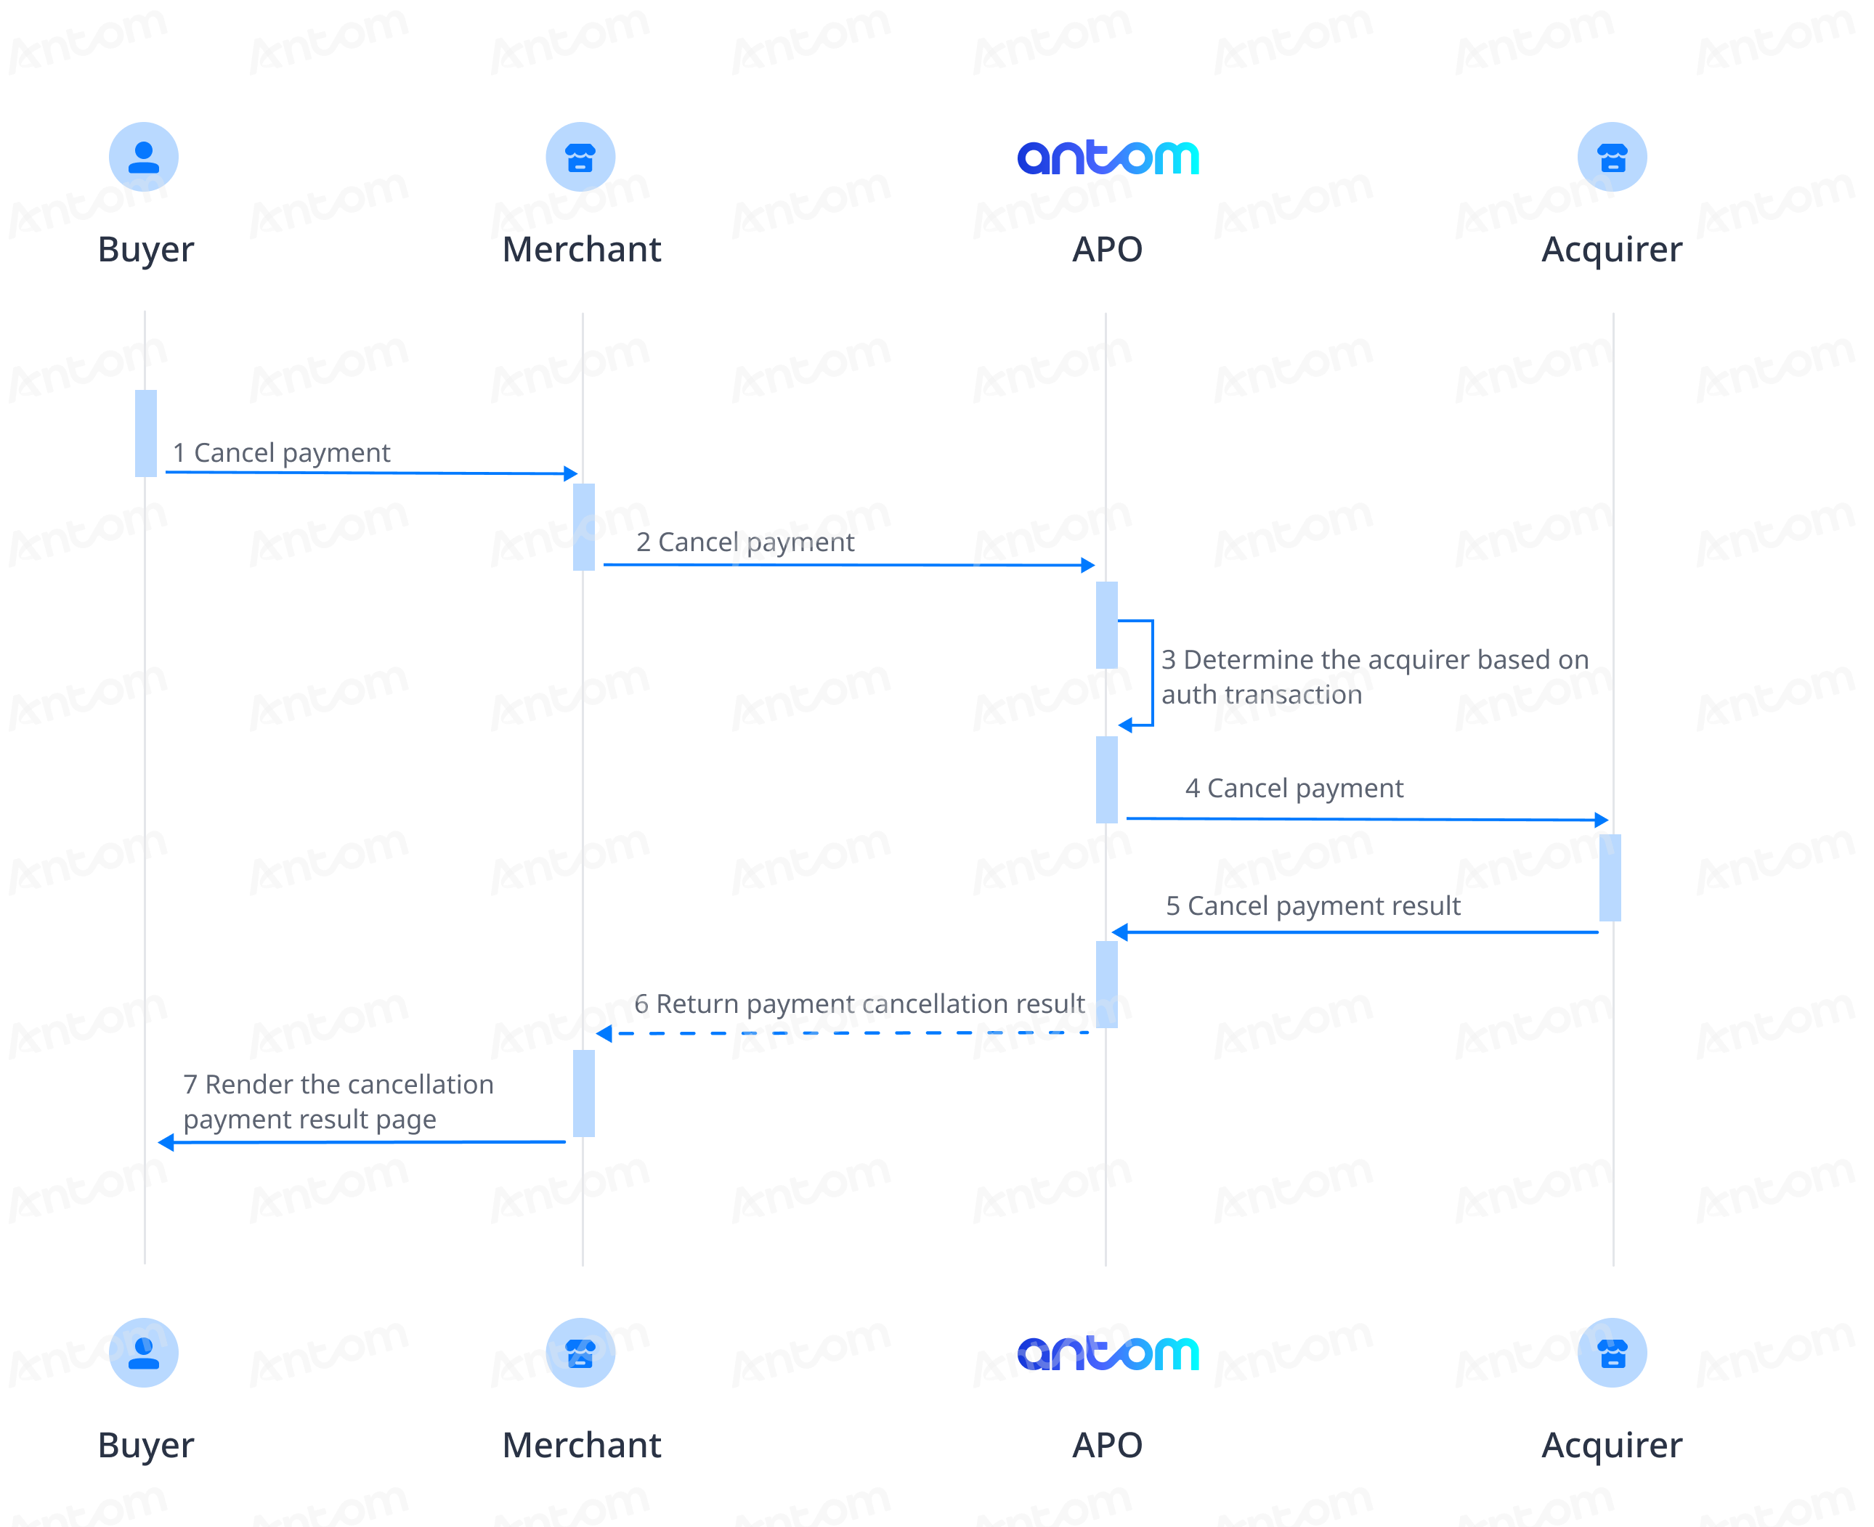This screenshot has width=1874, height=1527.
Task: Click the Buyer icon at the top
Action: click(x=143, y=157)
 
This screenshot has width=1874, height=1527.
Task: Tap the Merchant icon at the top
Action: click(x=580, y=157)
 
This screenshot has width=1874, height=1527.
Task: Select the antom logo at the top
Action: click(x=1108, y=158)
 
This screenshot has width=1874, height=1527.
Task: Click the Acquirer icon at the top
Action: click(x=1612, y=157)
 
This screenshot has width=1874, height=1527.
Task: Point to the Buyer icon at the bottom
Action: click(x=143, y=1352)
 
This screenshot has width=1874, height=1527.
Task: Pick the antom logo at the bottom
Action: click(x=1108, y=1353)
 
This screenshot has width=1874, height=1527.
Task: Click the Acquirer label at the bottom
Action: click(x=1612, y=1445)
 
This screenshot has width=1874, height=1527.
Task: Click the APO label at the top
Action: click(x=1107, y=250)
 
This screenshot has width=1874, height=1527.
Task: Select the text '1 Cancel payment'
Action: click(x=282, y=453)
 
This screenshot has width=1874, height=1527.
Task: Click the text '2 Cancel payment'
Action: click(x=745, y=542)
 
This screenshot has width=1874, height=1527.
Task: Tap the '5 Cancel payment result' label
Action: click(x=1313, y=906)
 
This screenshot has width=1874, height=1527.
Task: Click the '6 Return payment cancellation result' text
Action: click(x=859, y=1004)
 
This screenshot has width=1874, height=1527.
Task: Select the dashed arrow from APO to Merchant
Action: click(x=843, y=1033)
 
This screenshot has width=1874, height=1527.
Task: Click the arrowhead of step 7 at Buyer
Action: click(x=166, y=1143)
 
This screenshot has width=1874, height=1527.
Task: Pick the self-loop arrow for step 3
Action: click(x=1153, y=673)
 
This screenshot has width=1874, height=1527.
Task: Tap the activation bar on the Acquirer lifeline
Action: click(x=1610, y=878)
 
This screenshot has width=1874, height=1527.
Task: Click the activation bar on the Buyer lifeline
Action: click(x=146, y=433)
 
